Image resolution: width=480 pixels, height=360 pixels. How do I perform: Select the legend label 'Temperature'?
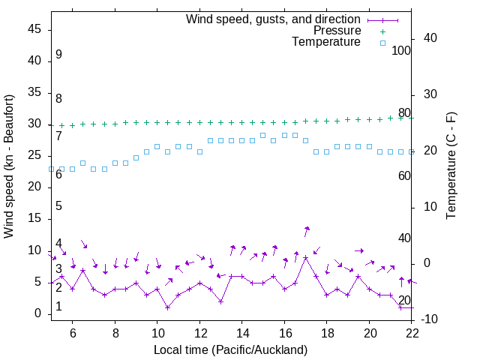tap(326, 43)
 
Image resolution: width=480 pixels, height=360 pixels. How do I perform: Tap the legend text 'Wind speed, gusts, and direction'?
tap(274, 19)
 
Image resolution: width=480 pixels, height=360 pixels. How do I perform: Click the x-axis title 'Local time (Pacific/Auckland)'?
tap(230, 349)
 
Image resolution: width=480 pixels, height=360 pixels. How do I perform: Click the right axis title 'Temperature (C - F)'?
tap(451, 166)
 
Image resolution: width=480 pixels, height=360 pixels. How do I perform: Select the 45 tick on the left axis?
tap(35, 29)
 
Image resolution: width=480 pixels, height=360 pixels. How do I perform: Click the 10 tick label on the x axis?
tap(157, 334)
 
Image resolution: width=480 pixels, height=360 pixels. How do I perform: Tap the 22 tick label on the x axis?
tap(412, 334)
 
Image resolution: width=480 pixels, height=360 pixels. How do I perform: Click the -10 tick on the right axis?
tap(429, 319)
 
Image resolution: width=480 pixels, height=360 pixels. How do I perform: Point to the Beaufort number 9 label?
tap(58, 55)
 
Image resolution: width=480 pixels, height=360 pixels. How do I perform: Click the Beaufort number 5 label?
tap(58, 206)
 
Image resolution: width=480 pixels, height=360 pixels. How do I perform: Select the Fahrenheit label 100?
tap(401, 50)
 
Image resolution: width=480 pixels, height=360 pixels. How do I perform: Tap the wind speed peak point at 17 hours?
tap(306, 257)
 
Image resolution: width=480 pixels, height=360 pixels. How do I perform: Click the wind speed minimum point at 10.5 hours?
tap(168, 307)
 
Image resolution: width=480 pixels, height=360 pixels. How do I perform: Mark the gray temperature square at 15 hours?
tap(262, 135)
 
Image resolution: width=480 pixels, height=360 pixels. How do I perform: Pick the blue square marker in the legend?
tap(382, 43)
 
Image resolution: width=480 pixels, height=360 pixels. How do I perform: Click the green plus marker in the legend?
tap(382, 31)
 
